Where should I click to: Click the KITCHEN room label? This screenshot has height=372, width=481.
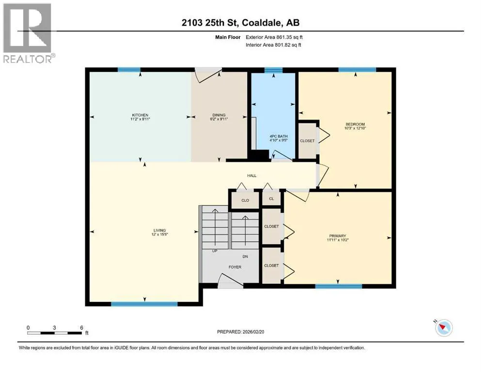(140, 115)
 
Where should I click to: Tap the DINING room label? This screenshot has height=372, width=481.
(219, 115)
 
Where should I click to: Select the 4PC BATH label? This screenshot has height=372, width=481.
(279, 136)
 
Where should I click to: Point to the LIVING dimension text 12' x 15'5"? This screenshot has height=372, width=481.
(159, 234)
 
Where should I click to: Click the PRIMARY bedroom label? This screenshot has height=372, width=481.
(338, 236)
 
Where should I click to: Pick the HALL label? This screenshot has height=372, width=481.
(252, 176)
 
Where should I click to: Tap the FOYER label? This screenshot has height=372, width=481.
(235, 267)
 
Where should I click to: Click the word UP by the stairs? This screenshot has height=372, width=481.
(215, 251)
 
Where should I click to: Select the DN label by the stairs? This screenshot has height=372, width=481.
(245, 256)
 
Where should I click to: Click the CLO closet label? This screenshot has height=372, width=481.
(245, 200)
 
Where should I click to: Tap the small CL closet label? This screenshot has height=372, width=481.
(271, 199)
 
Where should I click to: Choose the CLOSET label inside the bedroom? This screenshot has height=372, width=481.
(307, 141)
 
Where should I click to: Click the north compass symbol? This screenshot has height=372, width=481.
(444, 327)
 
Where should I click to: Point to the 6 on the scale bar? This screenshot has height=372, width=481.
(81, 327)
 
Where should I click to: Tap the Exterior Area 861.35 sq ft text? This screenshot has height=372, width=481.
(274, 37)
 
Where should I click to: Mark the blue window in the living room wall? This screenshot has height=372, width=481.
(144, 304)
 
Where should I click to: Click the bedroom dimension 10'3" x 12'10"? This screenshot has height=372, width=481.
(355, 128)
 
